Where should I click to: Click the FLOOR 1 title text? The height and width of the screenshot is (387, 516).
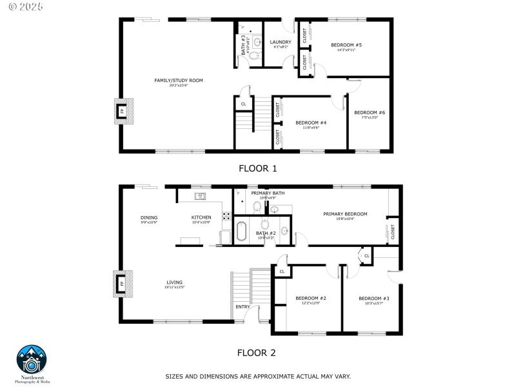tap(257, 169)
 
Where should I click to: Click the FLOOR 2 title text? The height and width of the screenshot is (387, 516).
tap(257, 353)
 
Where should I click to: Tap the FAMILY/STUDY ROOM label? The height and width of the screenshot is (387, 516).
tap(178, 81)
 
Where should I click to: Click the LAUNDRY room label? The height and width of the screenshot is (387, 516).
tap(281, 43)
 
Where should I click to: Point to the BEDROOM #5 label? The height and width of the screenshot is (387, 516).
tap(346, 45)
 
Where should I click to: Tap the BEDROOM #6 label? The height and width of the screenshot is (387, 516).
tap(369, 113)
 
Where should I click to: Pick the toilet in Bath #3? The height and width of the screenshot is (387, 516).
tap(253, 56)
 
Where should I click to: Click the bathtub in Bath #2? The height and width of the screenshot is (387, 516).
tap(241, 231)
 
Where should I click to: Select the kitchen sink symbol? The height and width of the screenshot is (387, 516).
tap(201, 195)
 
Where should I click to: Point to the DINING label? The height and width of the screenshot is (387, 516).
tap(149, 217)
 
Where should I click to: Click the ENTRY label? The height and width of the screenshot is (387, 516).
tap(243, 306)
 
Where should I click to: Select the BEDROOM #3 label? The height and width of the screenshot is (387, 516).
tap(370, 298)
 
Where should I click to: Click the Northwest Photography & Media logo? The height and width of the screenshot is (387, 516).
tap(32, 361)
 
